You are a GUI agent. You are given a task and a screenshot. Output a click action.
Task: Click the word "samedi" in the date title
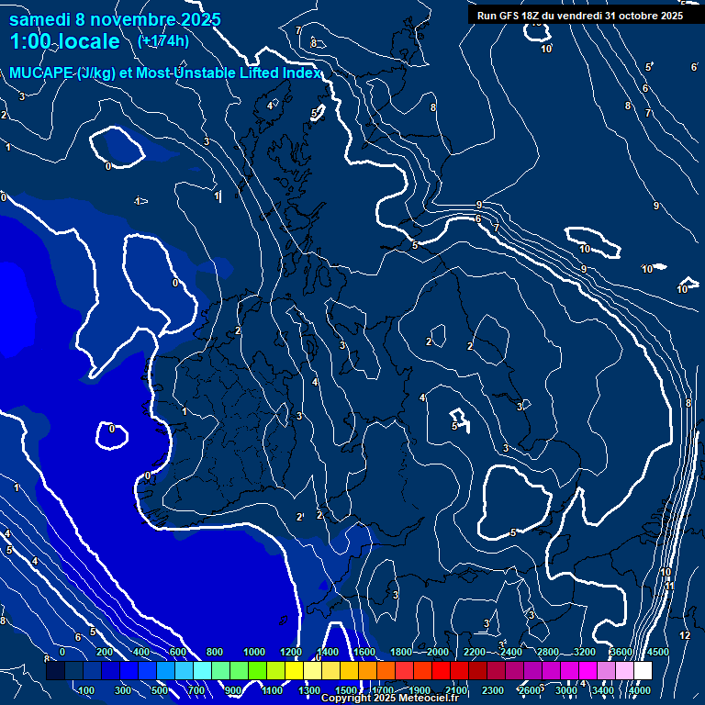pos(41,19)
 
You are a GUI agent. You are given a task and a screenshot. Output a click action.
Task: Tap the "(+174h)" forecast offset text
pos(162,41)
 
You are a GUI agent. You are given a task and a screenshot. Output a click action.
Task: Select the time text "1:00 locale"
pos(65,41)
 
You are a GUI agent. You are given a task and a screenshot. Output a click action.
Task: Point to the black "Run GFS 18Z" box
pos(579,16)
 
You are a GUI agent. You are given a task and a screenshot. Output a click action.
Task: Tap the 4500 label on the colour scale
pos(657,652)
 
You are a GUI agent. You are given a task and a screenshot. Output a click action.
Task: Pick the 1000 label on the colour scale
pos(254,652)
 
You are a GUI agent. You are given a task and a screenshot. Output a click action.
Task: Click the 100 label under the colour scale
pos(88,690)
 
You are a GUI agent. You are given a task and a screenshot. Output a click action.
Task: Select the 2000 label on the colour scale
pos(438,652)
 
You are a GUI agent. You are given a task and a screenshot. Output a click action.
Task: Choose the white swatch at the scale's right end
pos(643,671)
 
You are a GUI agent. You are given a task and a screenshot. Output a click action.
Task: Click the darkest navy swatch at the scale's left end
pos(55,671)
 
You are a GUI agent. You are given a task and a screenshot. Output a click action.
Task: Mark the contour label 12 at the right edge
pos(685,635)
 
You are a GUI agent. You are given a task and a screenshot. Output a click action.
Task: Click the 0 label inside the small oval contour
pos(112,429)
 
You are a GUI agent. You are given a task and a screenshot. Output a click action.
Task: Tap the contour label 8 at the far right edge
pos(688,403)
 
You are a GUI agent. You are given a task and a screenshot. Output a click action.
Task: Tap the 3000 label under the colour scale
pos(566,690)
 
